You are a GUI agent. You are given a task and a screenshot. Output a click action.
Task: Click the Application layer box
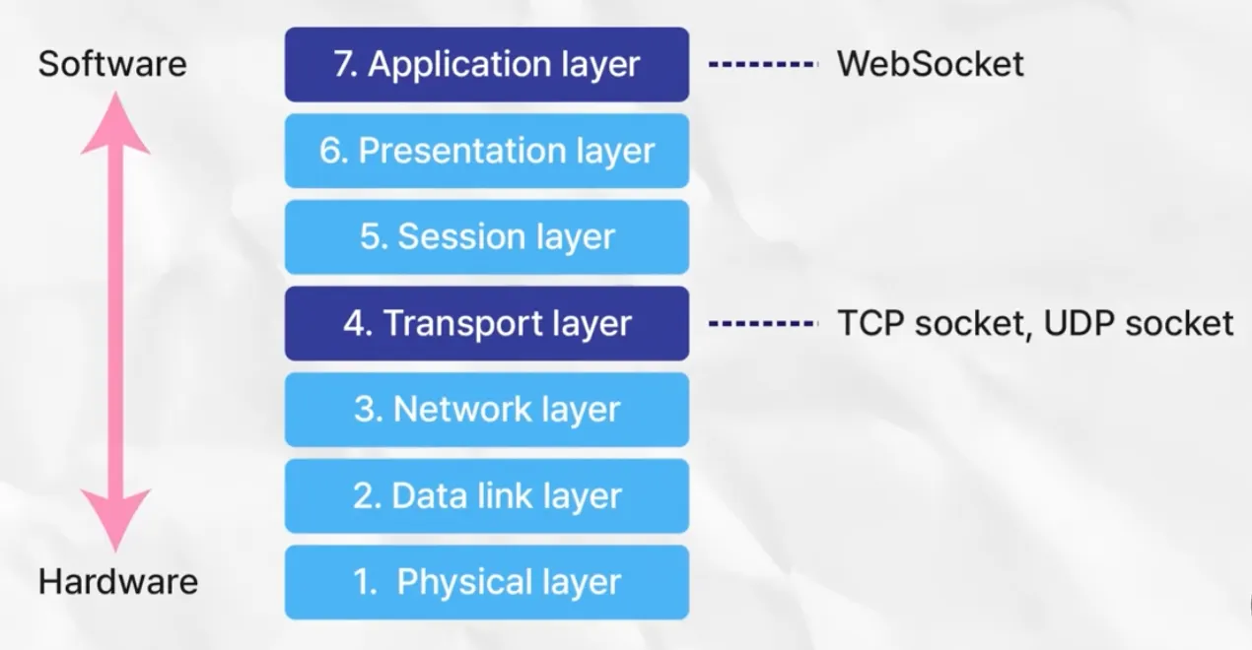click(x=487, y=65)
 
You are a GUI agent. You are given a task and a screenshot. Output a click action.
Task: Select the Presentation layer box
click(x=487, y=151)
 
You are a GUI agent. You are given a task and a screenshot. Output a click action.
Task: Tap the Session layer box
click(x=487, y=237)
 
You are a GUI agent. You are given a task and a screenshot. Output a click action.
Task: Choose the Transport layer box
click(x=487, y=323)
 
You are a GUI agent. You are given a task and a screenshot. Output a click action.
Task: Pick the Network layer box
click(x=487, y=410)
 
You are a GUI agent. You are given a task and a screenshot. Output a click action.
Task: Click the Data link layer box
click(x=487, y=495)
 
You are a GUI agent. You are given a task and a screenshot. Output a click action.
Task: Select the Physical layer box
click(x=487, y=582)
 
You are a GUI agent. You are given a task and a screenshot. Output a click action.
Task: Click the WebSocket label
click(x=930, y=65)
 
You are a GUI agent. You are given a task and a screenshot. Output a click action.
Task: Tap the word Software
click(x=112, y=65)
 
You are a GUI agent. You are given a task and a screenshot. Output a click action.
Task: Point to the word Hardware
click(x=118, y=582)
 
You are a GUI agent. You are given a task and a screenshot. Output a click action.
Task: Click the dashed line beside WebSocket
click(x=763, y=65)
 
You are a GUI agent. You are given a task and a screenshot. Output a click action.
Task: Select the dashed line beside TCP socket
click(x=763, y=323)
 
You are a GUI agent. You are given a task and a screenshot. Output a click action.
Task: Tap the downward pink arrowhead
click(x=115, y=519)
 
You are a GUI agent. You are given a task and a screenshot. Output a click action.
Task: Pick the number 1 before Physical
click(x=363, y=582)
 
